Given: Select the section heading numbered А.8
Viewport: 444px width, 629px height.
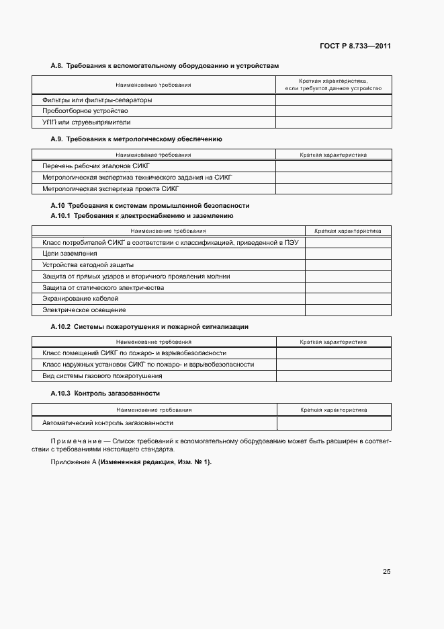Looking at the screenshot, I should [x=164, y=66].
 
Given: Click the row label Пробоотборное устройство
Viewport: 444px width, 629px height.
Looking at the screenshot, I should [x=85, y=111].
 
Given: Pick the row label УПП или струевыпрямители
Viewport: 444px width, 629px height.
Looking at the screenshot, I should [x=86, y=122].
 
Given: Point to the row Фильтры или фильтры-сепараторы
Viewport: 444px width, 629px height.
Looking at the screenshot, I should [x=97, y=100].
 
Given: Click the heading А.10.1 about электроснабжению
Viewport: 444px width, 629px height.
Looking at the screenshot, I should [x=142, y=216].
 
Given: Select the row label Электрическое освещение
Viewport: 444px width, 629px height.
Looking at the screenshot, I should [x=84, y=310].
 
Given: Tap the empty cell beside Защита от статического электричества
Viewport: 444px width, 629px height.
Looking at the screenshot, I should [x=348, y=287].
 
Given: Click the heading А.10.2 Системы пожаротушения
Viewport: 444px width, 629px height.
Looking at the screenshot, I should [x=149, y=326].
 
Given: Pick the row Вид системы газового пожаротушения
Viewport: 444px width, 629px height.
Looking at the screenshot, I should [x=102, y=375].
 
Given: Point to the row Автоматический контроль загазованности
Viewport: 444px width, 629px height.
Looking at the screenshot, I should [x=107, y=423].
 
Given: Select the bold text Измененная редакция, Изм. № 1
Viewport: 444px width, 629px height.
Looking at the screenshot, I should [x=155, y=462].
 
